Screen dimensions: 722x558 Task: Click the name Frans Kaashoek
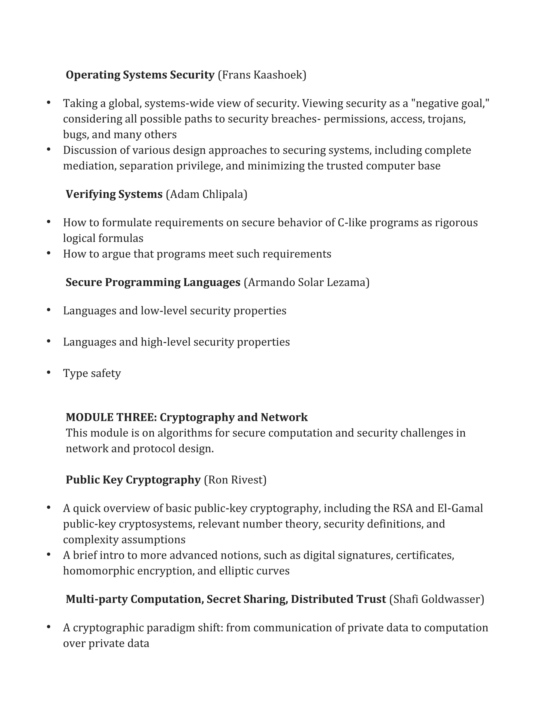coord(262,75)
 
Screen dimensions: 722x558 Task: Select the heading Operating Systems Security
coord(140,75)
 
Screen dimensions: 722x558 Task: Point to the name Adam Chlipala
coord(207,194)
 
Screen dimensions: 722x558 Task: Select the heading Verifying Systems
coord(114,194)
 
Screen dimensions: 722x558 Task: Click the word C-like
coord(352,223)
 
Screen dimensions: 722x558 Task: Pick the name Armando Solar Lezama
coord(307,282)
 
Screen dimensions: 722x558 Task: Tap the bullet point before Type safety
coord(48,372)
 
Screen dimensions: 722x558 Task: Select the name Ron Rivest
coord(235,480)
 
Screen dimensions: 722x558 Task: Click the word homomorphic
coord(99,571)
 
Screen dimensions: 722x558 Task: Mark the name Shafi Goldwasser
coord(436,599)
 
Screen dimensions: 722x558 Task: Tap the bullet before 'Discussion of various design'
coord(48,149)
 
